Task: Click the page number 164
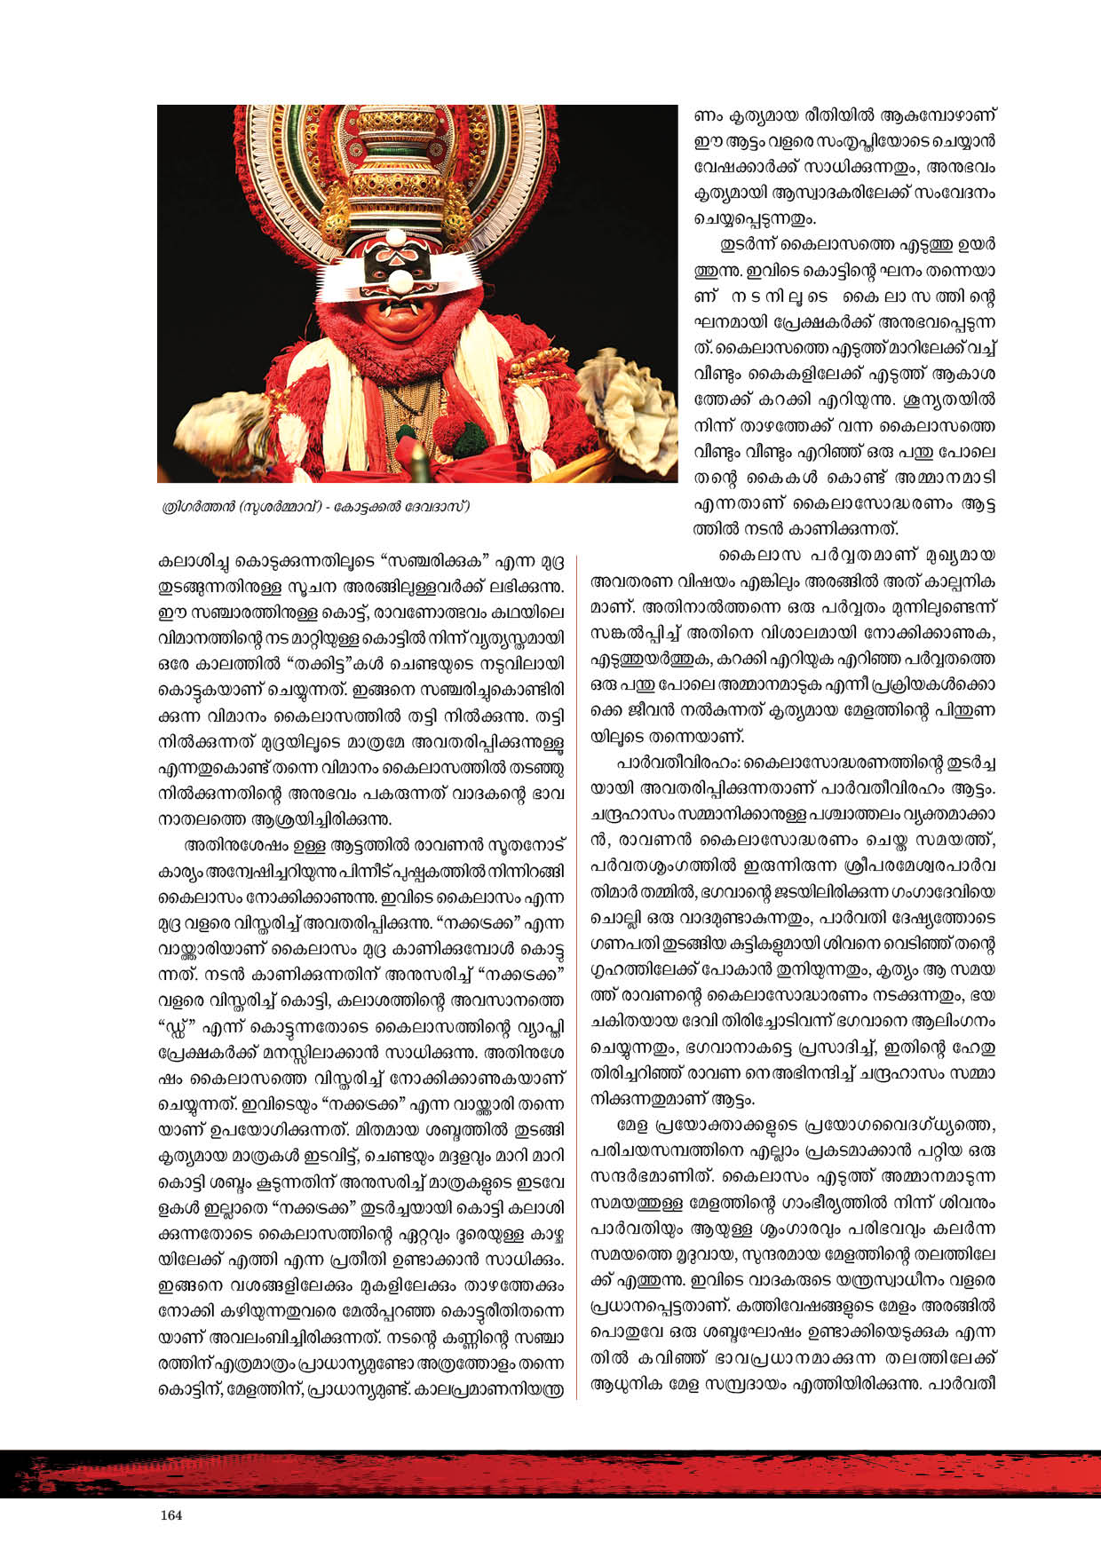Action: (x=171, y=1515)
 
